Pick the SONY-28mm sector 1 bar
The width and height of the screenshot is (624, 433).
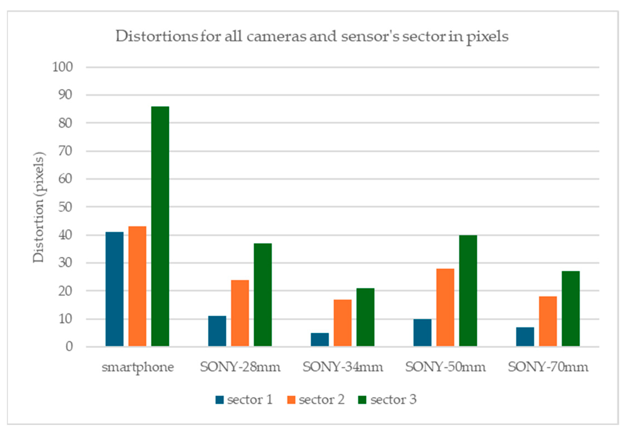(217, 331)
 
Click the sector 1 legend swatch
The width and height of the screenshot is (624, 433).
(219, 400)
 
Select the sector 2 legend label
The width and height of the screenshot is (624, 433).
(322, 399)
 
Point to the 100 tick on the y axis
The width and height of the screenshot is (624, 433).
(63, 67)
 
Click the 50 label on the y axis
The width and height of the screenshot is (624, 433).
(65, 207)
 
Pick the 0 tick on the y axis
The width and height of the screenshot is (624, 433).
(69, 347)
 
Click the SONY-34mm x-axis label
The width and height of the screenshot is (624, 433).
(343, 367)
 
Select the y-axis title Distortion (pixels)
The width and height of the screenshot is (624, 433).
(38, 207)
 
